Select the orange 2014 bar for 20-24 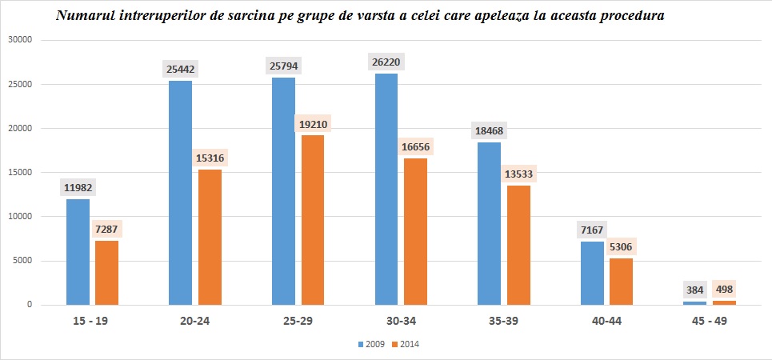tap(210, 237)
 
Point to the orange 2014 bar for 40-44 tap(622, 281)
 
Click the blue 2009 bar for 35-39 tap(489, 223)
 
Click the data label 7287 tap(107, 230)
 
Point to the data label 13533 tap(518, 174)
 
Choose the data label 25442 tap(180, 70)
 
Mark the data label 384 tap(694, 290)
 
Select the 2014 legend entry tap(406, 344)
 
